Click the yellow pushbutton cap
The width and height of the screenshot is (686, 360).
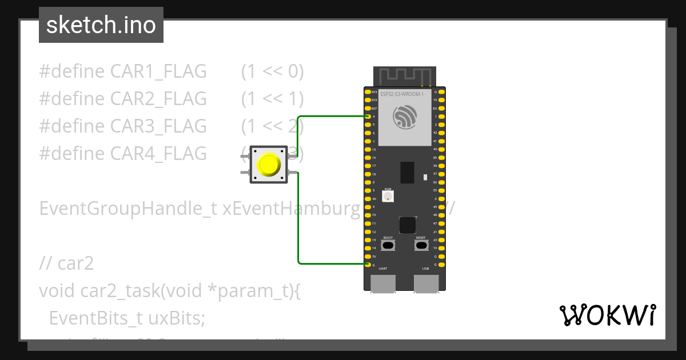269,165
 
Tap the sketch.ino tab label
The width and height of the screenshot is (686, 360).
101,25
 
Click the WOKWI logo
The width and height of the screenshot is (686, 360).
607,315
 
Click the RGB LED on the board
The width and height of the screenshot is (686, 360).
388,196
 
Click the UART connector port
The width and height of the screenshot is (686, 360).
383,283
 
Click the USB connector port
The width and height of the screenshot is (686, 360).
426,283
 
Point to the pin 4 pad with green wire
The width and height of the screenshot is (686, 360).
368,116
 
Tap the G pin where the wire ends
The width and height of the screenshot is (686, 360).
368,265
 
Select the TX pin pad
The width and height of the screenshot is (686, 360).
442,99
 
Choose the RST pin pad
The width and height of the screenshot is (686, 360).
368,108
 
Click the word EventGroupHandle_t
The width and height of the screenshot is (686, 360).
127,209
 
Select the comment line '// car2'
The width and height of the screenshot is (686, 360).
66,263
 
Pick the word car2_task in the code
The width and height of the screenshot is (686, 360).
118,291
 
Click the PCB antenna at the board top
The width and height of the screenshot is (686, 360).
404,75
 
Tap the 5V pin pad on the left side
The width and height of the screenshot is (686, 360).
368,256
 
